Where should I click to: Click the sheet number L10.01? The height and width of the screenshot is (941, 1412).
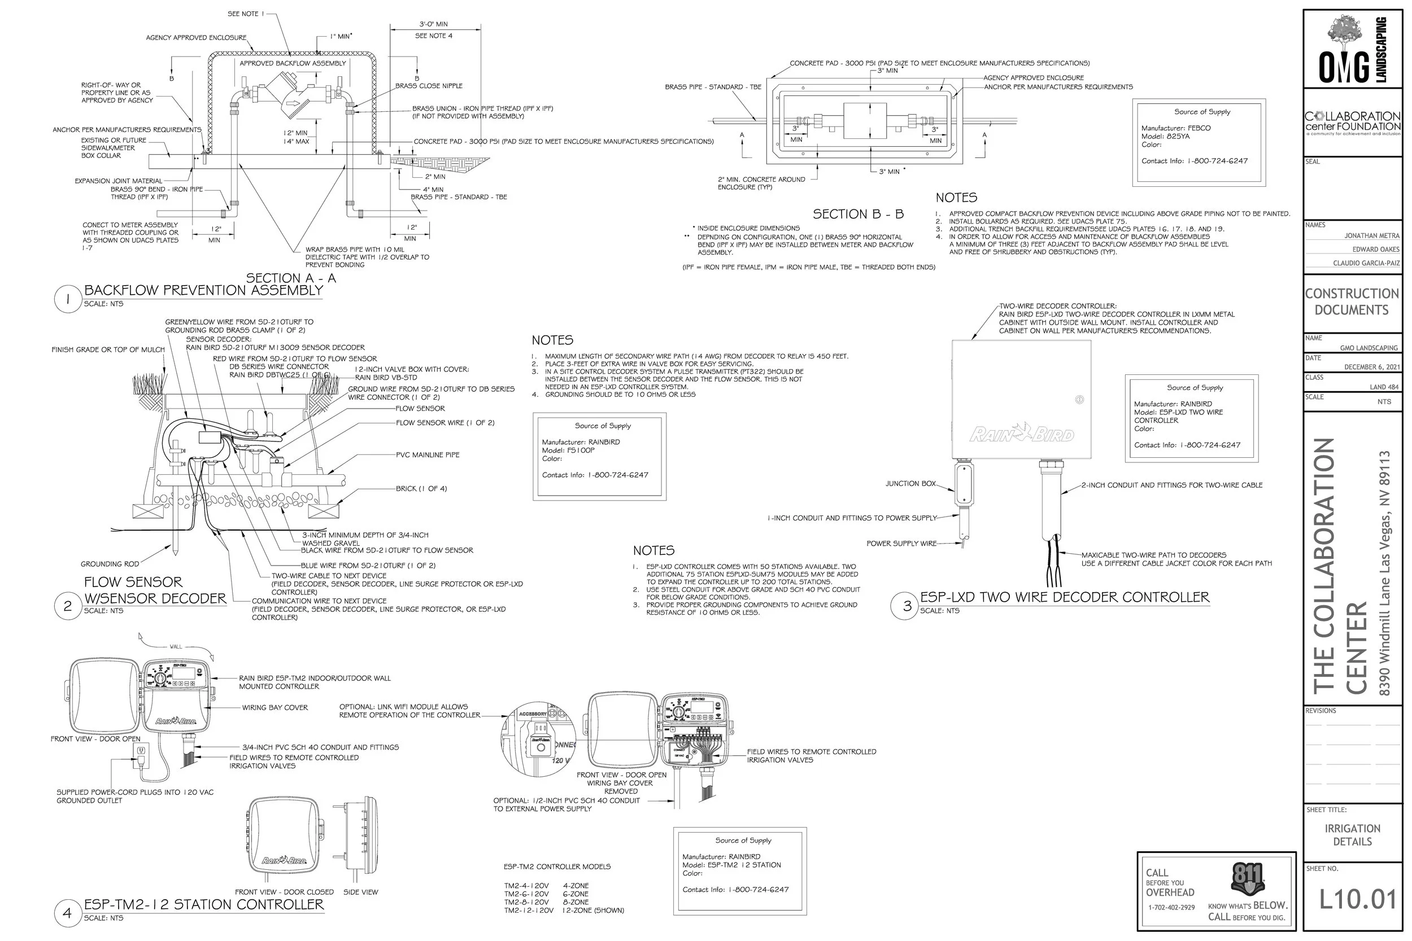(x=1357, y=899)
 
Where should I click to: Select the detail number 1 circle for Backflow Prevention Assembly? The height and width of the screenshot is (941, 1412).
(x=67, y=299)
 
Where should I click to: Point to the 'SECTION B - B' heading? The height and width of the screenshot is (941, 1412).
(x=857, y=215)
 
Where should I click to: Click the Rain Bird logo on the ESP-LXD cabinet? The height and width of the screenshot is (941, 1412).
(x=1021, y=434)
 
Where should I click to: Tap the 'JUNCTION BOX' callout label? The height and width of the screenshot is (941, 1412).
(x=910, y=483)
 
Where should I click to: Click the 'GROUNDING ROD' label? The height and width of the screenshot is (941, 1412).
(x=110, y=563)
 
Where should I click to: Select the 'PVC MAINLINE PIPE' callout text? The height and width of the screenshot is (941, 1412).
(x=428, y=455)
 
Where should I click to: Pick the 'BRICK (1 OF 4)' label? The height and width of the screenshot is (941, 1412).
(x=421, y=488)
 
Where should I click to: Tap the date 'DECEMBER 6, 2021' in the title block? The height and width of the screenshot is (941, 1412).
(x=1371, y=367)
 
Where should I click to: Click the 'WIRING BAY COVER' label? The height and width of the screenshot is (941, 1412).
(x=275, y=707)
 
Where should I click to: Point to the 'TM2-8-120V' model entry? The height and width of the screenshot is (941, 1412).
(x=526, y=902)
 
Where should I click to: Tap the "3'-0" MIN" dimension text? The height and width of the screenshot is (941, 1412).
(x=433, y=25)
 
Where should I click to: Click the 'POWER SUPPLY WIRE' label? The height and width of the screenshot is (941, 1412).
(x=901, y=543)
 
